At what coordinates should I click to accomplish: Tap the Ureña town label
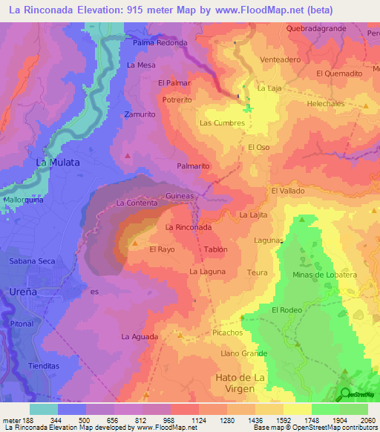point(23,292)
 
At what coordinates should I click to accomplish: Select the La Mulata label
point(58,162)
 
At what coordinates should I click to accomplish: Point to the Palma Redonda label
point(160,42)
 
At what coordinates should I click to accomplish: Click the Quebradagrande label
point(315,29)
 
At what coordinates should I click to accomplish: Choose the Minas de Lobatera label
point(324,275)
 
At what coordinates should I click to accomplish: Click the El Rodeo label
point(285,310)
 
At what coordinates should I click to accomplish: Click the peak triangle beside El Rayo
point(134,243)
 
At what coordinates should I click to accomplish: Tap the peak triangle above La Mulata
point(128,155)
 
